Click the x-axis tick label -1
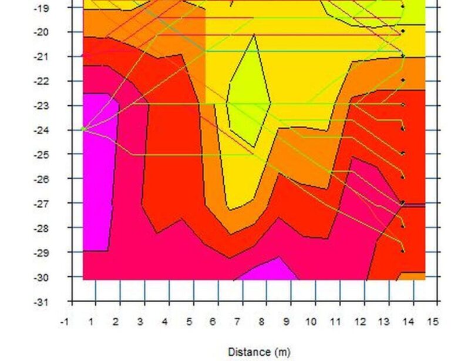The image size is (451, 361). tap(65, 322)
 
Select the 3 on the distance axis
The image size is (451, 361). tap(140, 322)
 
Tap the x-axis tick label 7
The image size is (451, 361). tap(237, 322)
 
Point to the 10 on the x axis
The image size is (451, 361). tap(310, 322)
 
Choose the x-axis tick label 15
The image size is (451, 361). tap(432, 322)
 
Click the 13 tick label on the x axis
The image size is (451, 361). tap(383, 322)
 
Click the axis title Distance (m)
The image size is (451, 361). tap(259, 352)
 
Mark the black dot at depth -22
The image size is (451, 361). tap(403, 80)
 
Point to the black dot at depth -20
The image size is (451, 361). tap(403, 31)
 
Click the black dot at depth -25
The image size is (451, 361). tap(403, 153)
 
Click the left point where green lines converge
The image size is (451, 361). tap(83, 128)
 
